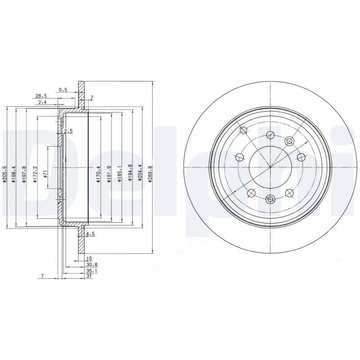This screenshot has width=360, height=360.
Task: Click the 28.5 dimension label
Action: [x=41, y=96]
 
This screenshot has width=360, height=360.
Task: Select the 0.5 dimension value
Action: [x=63, y=90]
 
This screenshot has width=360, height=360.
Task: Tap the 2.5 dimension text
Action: [x=68, y=131]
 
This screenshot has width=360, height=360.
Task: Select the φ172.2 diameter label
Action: [x=35, y=174]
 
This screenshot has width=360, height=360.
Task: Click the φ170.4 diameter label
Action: [x=98, y=174]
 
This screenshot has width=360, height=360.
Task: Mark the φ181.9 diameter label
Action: [x=109, y=174]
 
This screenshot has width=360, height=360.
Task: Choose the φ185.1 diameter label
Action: [x=119, y=174]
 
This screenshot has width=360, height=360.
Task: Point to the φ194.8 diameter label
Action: [x=130, y=174]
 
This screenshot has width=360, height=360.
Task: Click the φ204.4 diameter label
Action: [x=140, y=174]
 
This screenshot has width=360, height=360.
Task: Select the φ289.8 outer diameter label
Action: [x=151, y=174]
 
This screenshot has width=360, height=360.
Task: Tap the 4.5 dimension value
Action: [x=90, y=234]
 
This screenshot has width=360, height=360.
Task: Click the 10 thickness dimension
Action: [x=89, y=259]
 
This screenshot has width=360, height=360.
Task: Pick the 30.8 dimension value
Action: [x=91, y=265]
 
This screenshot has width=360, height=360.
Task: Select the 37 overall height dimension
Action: [x=89, y=276]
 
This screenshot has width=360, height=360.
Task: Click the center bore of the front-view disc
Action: [x=270, y=167]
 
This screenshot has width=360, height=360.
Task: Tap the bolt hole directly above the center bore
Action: [x=270, y=135]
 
